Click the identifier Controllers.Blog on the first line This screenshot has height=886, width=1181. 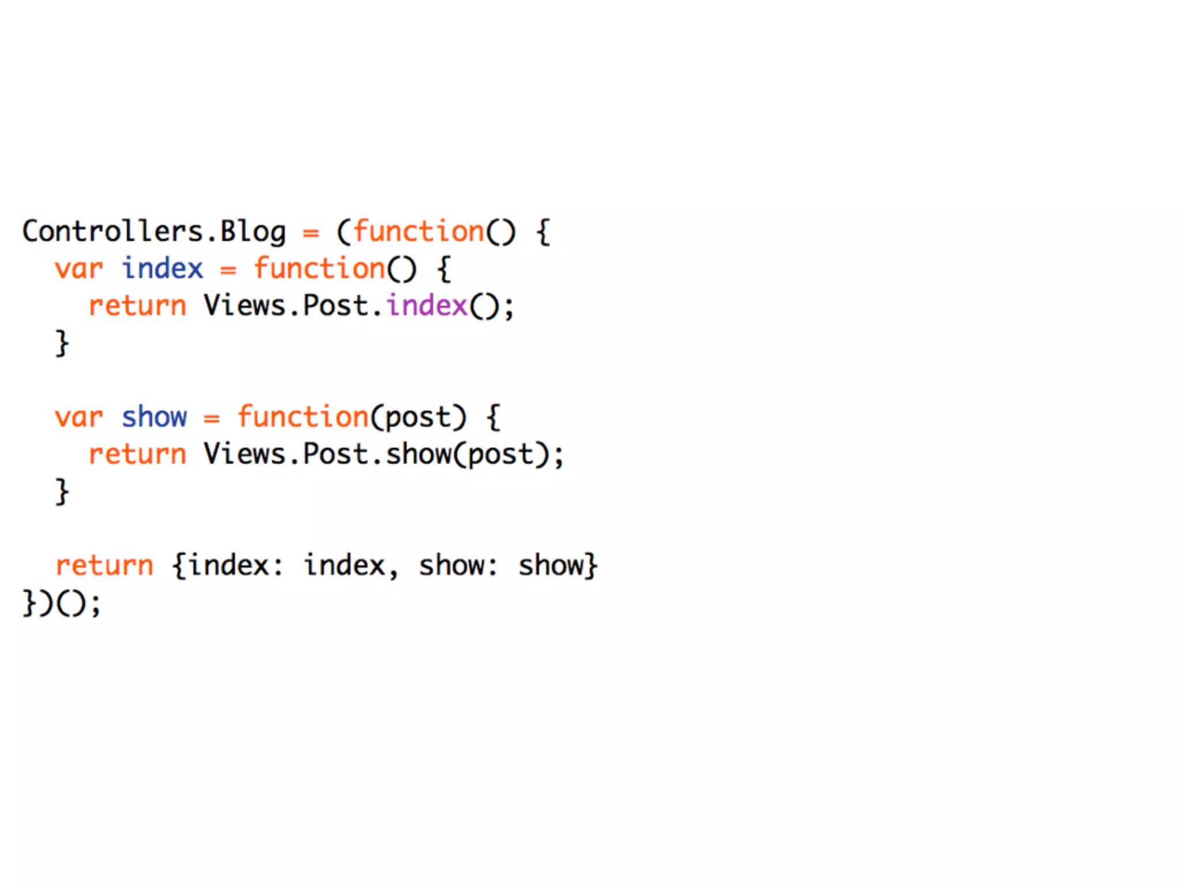pyautogui.click(x=154, y=232)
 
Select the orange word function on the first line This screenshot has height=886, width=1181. pyautogui.click(x=418, y=232)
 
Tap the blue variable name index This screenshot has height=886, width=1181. pyautogui.click(x=163, y=269)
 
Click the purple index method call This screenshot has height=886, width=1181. pyautogui.click(x=426, y=306)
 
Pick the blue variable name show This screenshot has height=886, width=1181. pyautogui.click(x=154, y=417)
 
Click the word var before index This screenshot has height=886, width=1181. pyautogui.click(x=79, y=269)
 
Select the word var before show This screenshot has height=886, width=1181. pyautogui.click(x=79, y=417)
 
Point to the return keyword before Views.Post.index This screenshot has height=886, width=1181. pyautogui.click(x=137, y=306)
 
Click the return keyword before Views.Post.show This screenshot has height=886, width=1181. pyautogui.click(x=137, y=454)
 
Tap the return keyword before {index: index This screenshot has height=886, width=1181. pyautogui.click(x=104, y=565)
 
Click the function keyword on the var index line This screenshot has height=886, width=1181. pyautogui.click(x=319, y=269)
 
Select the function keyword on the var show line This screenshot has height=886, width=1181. pyautogui.click(x=303, y=417)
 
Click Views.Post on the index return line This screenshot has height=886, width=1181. pyautogui.click(x=286, y=306)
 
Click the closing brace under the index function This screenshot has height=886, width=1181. pyautogui.click(x=62, y=343)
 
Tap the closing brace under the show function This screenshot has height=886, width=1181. pyautogui.click(x=62, y=491)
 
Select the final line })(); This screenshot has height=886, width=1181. pyautogui.click(x=62, y=603)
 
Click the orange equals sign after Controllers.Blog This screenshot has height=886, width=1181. pyautogui.click(x=311, y=233)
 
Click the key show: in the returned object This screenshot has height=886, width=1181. pyautogui.click(x=458, y=565)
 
